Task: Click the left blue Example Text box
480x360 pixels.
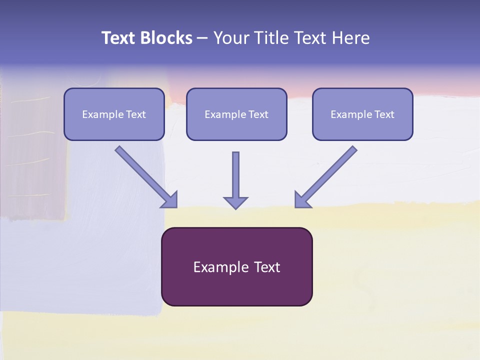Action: pos(114,114)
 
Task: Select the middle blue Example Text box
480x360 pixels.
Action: pos(236,114)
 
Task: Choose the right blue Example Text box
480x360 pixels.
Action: pos(363,114)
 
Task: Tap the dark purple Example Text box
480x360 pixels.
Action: pos(237,266)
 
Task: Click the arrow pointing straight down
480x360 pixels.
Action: pos(235,180)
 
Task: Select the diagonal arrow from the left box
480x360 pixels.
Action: pos(146,177)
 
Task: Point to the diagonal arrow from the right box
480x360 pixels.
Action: pos(326,177)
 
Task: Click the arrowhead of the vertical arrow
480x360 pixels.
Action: pos(235,203)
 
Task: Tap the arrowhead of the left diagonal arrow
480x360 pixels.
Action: pos(170,201)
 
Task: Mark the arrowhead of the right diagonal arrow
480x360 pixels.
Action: pos(302,201)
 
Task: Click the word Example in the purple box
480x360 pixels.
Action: pos(217,267)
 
